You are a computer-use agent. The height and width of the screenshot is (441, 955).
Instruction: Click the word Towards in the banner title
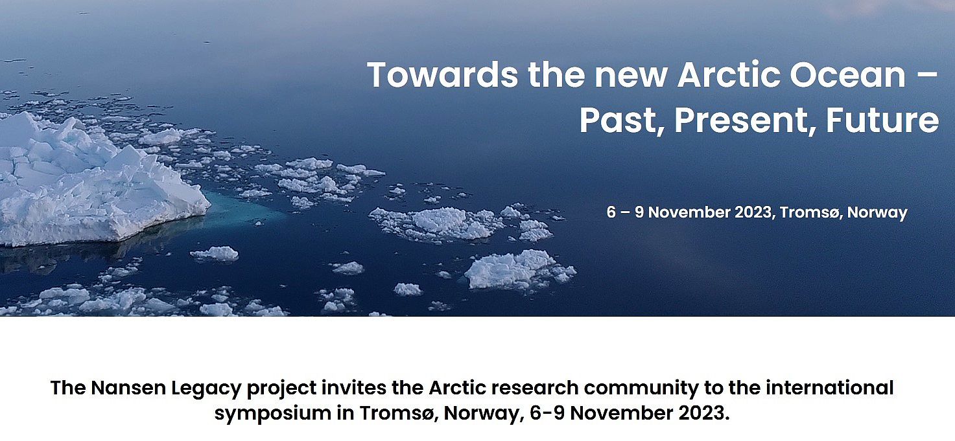443,75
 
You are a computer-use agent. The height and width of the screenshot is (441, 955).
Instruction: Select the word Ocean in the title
847,75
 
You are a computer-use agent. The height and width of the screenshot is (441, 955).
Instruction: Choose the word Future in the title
882,121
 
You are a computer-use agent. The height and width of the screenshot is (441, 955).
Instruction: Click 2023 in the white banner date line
752,212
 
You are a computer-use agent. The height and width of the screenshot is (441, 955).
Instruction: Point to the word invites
354,388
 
